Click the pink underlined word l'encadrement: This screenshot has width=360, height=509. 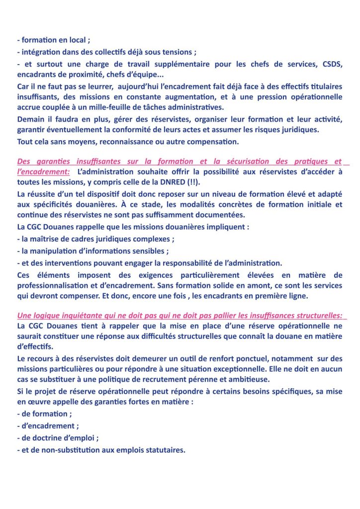click(x=43, y=172)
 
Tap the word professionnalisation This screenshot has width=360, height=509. click(x=60, y=285)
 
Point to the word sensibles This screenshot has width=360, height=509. click(x=150, y=250)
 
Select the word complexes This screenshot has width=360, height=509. click(x=152, y=239)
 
